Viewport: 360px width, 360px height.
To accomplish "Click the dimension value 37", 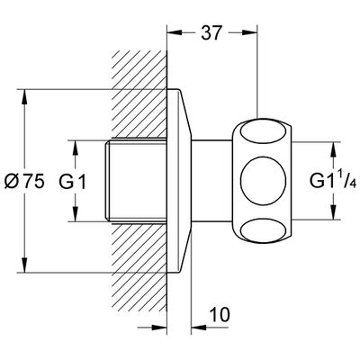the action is [x=211, y=32].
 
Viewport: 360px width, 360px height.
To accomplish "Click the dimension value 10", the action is [x=220, y=315].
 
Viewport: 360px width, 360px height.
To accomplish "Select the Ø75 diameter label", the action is [x=24, y=182].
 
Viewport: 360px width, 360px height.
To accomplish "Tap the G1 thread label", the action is [x=72, y=182].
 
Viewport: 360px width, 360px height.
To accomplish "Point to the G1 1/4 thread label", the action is [x=333, y=181].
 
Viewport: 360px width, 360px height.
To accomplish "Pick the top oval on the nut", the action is [x=263, y=130].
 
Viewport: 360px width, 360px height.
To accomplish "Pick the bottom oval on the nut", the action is [x=263, y=230].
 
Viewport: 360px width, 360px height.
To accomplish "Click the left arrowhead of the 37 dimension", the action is [x=175, y=32].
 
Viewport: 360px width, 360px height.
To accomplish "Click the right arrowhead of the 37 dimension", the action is [x=250, y=32].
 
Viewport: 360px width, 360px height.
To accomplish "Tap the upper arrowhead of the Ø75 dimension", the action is [x=24, y=97].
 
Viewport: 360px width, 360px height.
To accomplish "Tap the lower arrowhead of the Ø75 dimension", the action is [x=24, y=265].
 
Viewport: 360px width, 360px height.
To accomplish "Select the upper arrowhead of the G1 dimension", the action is [x=76, y=148].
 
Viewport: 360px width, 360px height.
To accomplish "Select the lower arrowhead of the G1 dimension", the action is [x=76, y=214].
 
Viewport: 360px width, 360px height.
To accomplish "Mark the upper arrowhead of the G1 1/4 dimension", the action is [x=333, y=150].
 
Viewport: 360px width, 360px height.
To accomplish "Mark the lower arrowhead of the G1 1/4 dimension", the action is [x=333, y=211].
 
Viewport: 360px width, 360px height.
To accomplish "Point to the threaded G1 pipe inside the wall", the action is [x=137, y=181].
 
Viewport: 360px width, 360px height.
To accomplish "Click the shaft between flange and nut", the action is [x=211, y=181].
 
